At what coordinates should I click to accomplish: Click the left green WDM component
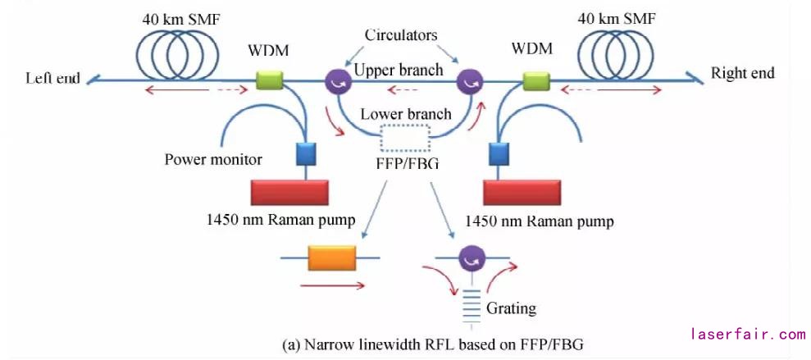pyautogui.click(x=268, y=80)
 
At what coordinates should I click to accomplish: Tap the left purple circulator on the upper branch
pyautogui.click(x=338, y=81)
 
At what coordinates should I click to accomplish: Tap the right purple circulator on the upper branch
pyautogui.click(x=470, y=81)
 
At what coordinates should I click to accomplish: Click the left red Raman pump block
pyautogui.click(x=289, y=192)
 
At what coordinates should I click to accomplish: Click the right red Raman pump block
pyautogui.click(x=522, y=192)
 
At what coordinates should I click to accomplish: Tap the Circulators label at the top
pyautogui.click(x=402, y=35)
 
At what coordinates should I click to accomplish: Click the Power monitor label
pyautogui.click(x=212, y=159)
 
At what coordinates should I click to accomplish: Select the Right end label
pyautogui.click(x=742, y=73)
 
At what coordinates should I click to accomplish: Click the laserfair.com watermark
pyautogui.click(x=748, y=335)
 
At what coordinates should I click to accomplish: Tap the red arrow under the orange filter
pyautogui.click(x=331, y=286)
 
